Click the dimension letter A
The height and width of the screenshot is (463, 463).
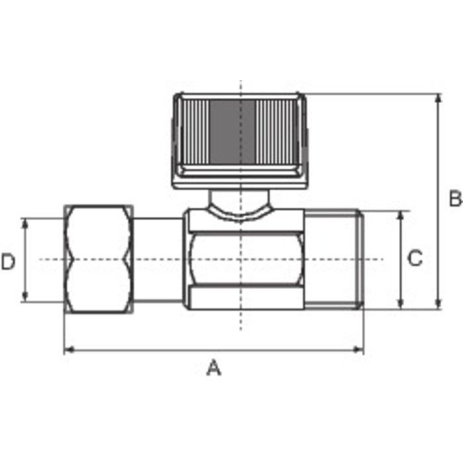tap(214, 368)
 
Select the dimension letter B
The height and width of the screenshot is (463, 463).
tap(456, 198)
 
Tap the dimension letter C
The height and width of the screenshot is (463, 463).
tap(415, 259)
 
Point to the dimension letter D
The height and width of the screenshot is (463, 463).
tap(8, 262)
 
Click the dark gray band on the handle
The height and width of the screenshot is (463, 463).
tap(232, 132)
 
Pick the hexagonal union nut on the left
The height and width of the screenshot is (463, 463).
tap(99, 259)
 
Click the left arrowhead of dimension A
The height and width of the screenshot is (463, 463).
tap(69, 350)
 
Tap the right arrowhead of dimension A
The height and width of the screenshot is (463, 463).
tap(358, 350)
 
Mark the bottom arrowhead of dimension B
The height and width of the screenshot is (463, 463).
tap(439, 304)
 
